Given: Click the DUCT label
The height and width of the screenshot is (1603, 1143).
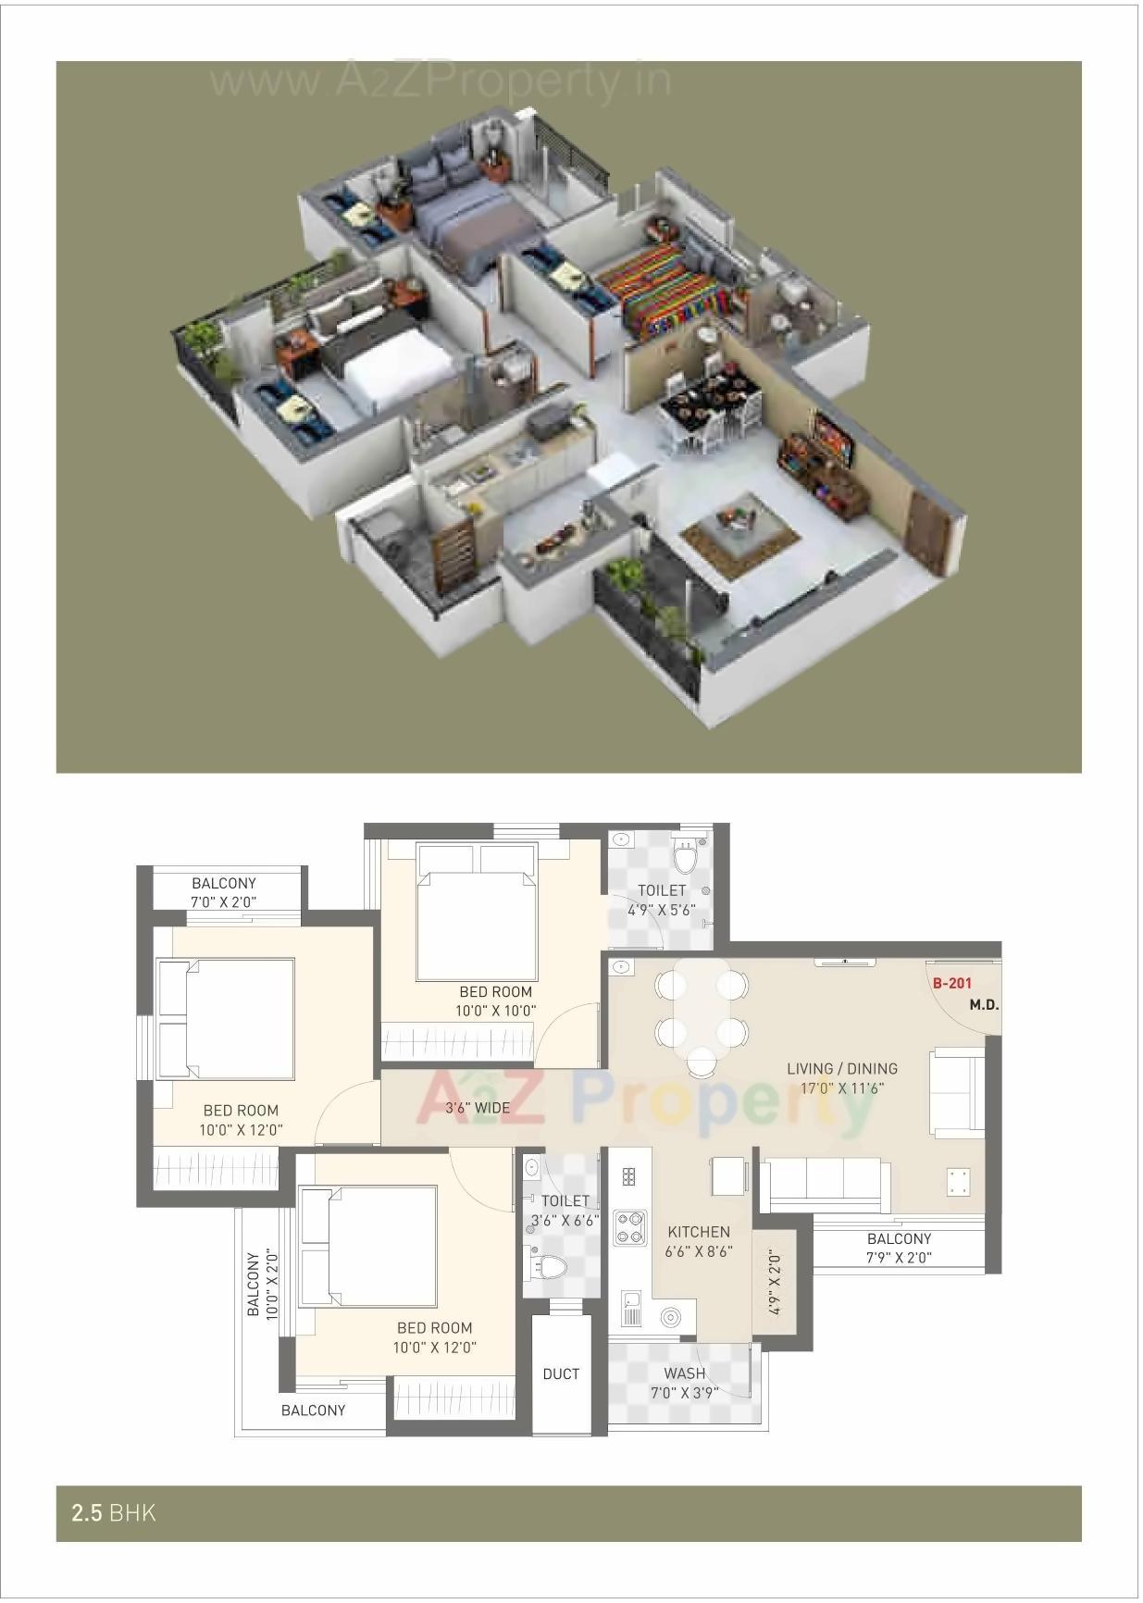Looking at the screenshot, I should coord(561,1374).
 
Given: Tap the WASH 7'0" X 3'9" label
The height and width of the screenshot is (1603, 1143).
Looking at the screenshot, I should coord(685,1383).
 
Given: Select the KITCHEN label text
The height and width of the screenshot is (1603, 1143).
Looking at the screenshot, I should coord(699,1232).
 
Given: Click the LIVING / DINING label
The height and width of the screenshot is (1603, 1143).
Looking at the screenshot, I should coord(842,1069).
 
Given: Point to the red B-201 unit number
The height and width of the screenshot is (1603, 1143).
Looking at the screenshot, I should coord(952,984).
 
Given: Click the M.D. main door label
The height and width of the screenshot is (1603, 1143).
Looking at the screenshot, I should coord(984,1005).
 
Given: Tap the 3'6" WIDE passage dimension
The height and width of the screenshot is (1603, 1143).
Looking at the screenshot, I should coord(478,1108).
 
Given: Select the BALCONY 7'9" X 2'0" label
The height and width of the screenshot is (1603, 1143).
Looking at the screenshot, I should coord(899,1248).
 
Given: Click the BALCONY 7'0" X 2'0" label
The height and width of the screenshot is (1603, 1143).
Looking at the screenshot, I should coord(223,892).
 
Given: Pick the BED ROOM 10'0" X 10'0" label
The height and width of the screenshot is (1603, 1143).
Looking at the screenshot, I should coord(496,1001).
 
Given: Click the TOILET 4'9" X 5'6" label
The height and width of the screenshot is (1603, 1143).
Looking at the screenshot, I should coord(662,900).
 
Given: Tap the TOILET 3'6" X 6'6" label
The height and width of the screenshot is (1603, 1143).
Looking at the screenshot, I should coord(565,1211).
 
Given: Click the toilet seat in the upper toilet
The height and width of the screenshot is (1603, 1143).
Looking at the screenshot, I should coord(685,858).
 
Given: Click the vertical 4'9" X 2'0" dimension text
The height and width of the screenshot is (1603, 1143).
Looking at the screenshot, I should coord(775,1283).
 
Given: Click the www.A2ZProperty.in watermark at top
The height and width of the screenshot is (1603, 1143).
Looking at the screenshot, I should coord(440,81).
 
